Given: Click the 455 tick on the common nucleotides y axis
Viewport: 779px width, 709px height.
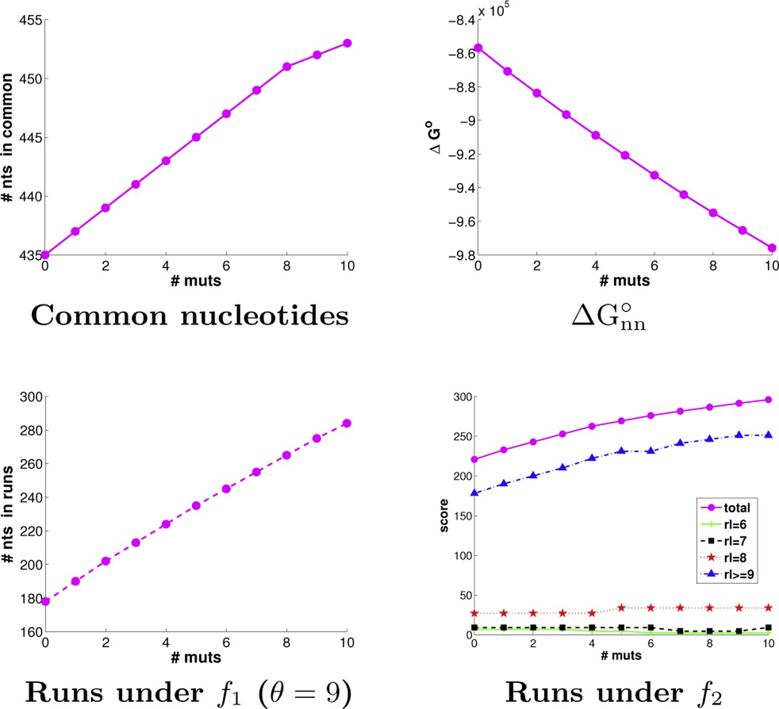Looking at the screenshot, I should click(x=32, y=20).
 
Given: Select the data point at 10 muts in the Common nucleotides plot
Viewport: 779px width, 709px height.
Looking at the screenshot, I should click(x=347, y=44).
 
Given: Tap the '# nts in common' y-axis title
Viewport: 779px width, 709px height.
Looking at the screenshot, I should click(x=8, y=137).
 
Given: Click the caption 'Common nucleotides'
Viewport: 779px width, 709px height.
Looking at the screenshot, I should click(x=190, y=316).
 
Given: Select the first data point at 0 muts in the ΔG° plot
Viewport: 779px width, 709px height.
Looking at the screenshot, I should click(x=478, y=48).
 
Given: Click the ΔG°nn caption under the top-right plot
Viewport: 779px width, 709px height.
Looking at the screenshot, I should click(x=608, y=317).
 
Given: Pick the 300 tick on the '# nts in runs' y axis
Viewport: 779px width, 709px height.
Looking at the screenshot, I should click(x=32, y=397).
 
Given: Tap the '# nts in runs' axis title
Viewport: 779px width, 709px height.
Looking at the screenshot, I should click(x=8, y=513).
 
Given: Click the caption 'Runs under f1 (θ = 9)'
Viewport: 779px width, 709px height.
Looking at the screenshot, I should click(x=188, y=693).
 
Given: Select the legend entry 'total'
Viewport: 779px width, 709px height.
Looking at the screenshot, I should click(x=736, y=508).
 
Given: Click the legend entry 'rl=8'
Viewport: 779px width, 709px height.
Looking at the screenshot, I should click(x=735, y=558).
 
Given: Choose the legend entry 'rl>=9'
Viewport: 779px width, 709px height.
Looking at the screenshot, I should click(x=739, y=575).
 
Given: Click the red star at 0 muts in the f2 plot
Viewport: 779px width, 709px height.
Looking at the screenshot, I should click(x=475, y=613).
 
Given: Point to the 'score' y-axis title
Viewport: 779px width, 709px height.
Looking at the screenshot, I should click(x=444, y=516).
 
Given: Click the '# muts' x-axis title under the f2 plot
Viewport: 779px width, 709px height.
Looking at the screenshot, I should click(x=621, y=656).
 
